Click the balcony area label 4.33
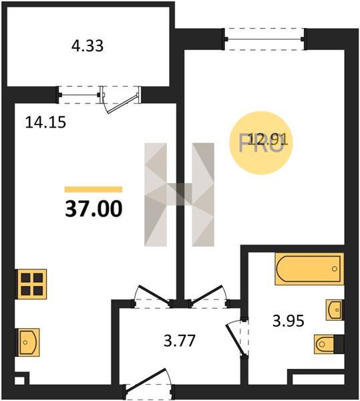[x=87, y=46]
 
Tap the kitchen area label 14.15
[x=45, y=122]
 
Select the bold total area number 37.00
[x=94, y=209]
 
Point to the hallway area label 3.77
[x=180, y=341]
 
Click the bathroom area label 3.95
[x=289, y=321]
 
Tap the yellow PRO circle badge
[x=261, y=143]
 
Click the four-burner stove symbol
[x=31, y=284]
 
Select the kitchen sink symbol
[x=28, y=342]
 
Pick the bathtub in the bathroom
[x=309, y=269]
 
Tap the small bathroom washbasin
[x=334, y=310]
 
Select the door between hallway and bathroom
[x=236, y=337]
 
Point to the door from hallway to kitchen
[x=153, y=295]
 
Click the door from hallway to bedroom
[x=208, y=295]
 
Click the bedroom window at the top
[x=264, y=39]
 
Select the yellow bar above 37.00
[x=94, y=189]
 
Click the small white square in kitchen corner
[x=19, y=380]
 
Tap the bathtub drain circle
[x=335, y=269]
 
